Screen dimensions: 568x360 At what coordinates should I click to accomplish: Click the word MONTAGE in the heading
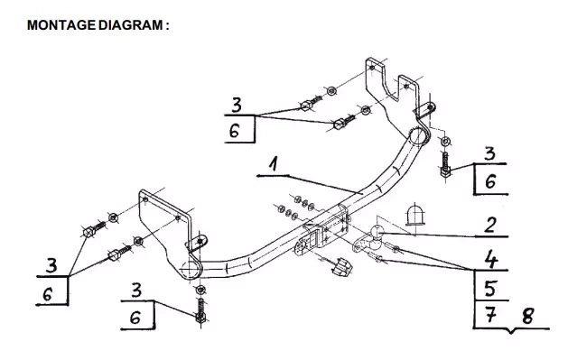pos(61,25)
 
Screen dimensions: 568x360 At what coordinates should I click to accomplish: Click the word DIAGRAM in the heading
pos(130,25)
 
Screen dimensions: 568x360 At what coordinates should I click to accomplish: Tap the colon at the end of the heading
pos(167,26)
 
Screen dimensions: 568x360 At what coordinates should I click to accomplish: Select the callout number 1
pos(275,163)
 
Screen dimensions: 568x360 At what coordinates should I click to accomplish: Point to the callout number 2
pos(489,225)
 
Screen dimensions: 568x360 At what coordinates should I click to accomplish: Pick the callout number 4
pos(491,259)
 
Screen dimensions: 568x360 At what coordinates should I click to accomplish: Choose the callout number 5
pos(490,289)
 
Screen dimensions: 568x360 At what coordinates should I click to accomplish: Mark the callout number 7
pos(490,316)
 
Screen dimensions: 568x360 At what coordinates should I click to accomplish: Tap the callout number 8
pos(527,316)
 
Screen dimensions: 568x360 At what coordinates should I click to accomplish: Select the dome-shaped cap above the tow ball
pos(414,215)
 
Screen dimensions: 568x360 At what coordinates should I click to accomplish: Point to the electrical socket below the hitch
pos(341,267)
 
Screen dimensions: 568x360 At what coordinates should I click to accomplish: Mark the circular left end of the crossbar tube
pos(190,269)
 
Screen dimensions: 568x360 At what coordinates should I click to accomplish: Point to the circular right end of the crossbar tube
pos(418,137)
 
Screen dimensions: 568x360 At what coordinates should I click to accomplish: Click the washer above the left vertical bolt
pos(200,290)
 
